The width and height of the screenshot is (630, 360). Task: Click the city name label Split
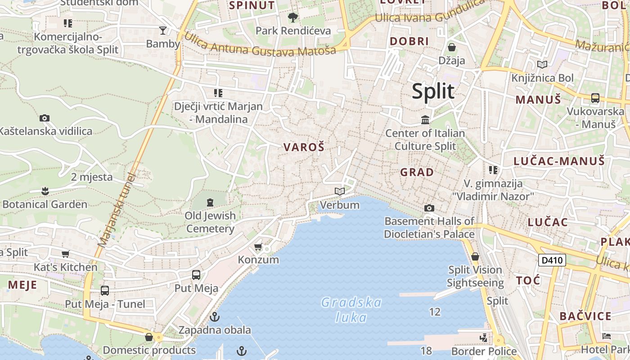(433, 91)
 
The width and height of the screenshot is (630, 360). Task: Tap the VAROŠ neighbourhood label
(304, 147)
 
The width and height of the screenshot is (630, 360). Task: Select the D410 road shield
(552, 260)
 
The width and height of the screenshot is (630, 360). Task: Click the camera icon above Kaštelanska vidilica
(45, 118)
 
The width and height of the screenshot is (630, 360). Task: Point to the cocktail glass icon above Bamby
(163, 30)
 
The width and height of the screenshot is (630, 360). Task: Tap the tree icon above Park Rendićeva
(293, 18)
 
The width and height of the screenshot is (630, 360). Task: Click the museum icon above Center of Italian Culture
(425, 120)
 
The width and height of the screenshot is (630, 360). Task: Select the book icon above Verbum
(340, 192)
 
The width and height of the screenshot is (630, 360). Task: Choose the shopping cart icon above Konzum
(258, 247)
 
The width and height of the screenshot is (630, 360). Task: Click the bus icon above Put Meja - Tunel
(105, 291)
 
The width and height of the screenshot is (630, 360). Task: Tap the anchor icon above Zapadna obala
(215, 317)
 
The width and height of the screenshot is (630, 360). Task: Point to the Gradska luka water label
(351, 310)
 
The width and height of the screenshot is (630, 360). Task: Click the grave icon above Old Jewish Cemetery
(210, 202)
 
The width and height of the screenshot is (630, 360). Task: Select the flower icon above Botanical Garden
(45, 191)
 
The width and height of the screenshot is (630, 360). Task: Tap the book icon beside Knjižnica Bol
(542, 65)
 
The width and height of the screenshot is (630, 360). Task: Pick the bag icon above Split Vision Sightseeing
(475, 257)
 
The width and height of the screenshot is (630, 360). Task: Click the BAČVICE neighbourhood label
(585, 316)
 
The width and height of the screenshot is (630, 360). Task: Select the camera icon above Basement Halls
(429, 208)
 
